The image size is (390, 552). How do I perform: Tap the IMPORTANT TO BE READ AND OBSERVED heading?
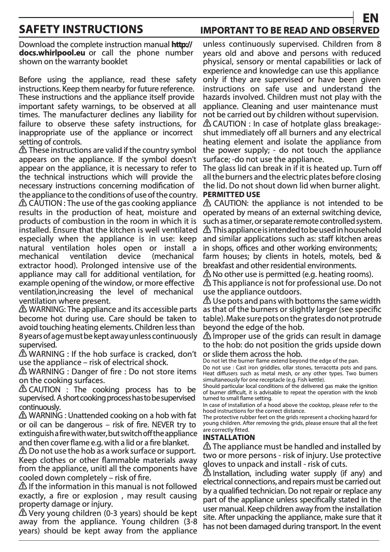pyautogui.click(x=290, y=30)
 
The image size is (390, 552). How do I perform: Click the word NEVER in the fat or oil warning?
pyautogui.click(x=158, y=424)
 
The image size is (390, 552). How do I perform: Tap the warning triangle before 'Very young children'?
pyautogui.click(x=22, y=513)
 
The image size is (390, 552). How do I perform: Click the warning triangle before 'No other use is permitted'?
pyautogui.click(x=207, y=274)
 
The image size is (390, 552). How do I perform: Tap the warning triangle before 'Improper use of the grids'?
pyautogui.click(x=207, y=336)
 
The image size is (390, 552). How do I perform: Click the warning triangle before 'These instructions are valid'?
pyautogui.click(x=22, y=150)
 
